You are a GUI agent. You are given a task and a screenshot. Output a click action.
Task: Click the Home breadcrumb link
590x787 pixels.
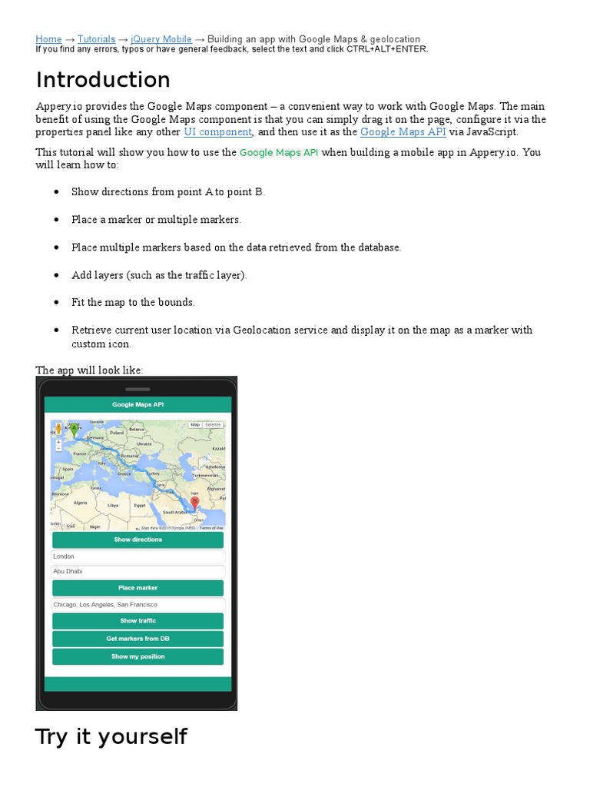click(48, 39)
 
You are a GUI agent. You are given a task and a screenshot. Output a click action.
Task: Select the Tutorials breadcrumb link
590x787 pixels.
click(96, 39)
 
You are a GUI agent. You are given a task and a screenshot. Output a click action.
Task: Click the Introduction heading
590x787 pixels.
click(103, 80)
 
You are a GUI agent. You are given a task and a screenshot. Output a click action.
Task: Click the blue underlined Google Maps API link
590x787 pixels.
click(403, 132)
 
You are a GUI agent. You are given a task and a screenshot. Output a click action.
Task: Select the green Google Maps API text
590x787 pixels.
click(279, 153)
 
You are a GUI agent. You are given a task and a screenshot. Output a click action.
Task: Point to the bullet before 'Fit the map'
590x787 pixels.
click(56, 303)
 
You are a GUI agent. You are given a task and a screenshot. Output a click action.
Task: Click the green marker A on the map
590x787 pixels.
click(74, 431)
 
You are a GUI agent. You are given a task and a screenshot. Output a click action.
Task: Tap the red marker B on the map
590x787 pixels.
click(194, 503)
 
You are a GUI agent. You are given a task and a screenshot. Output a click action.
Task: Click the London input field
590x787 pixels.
click(138, 556)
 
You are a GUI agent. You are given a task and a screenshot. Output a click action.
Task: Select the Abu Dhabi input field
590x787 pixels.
click(138, 572)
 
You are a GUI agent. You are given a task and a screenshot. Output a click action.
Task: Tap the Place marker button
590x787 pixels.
click(138, 588)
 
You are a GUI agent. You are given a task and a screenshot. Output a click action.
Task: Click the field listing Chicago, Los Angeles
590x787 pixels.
click(138, 605)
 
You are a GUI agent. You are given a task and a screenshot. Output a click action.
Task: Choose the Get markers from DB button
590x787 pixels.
click(138, 639)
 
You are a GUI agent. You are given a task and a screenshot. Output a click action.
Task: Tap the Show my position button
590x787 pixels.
click(138, 656)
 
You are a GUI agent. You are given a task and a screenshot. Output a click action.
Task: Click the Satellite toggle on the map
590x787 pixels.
click(213, 424)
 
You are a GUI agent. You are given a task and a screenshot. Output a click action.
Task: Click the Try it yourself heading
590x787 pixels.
click(111, 736)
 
